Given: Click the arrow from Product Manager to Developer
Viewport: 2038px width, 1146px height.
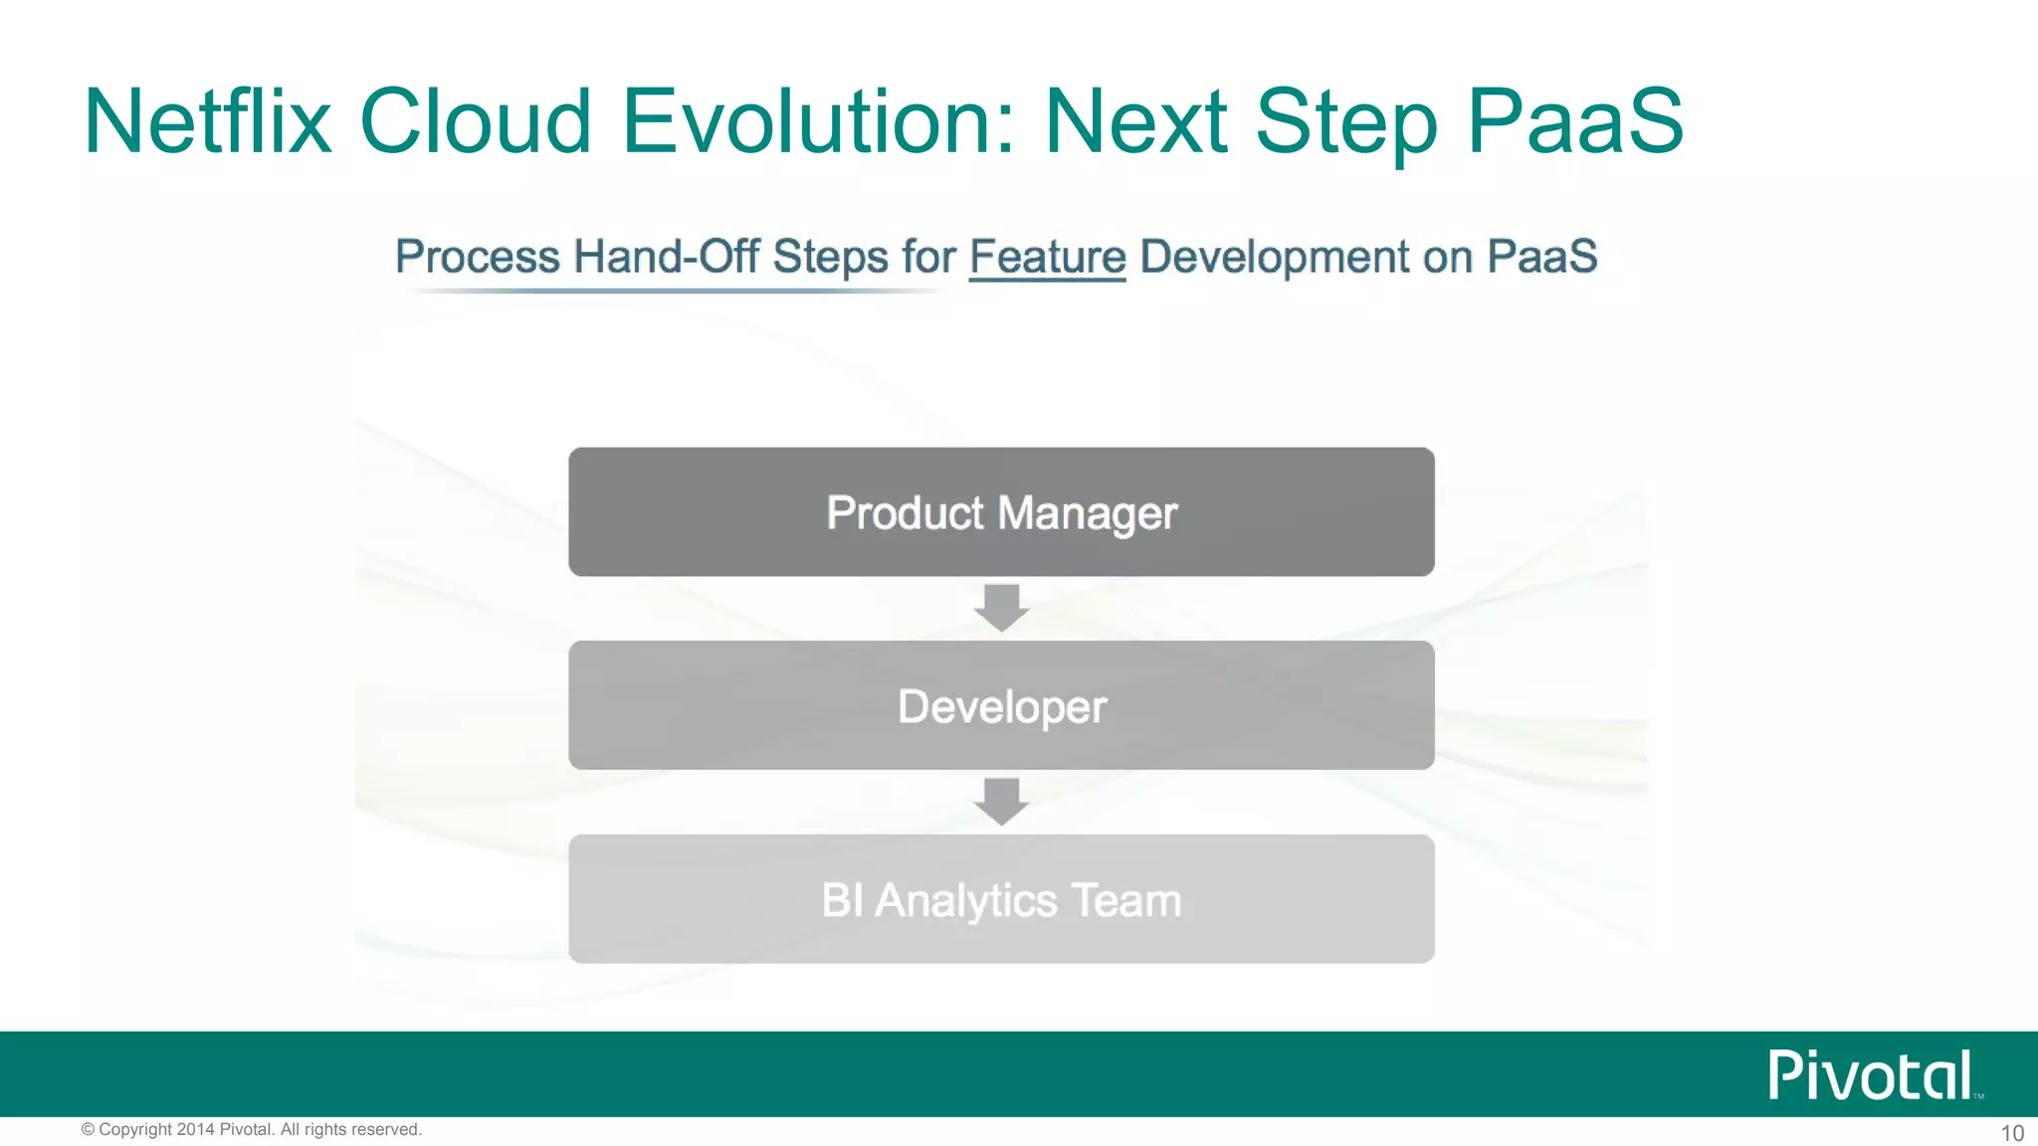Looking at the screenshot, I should [x=1001, y=607].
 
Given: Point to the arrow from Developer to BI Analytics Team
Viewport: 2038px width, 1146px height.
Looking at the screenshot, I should [x=1001, y=801].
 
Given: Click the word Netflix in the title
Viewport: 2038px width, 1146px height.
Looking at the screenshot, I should [x=207, y=121].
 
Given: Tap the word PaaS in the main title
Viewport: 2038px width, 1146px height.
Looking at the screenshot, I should [x=1574, y=121].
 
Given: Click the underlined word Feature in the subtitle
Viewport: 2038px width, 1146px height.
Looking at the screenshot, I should [x=1047, y=257].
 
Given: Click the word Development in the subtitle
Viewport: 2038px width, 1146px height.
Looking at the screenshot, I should [x=1275, y=257].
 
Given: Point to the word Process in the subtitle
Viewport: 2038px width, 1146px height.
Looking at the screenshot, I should [x=478, y=257].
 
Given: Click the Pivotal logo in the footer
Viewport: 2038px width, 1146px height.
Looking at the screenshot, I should [x=1871, y=1075].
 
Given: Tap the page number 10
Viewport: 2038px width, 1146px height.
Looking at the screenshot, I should [x=2011, y=1133].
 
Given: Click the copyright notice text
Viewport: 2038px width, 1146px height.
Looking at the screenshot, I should [x=251, y=1129].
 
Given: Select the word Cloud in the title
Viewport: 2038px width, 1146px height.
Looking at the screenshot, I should [x=476, y=121].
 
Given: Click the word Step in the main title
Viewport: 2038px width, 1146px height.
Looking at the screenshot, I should [x=1345, y=121].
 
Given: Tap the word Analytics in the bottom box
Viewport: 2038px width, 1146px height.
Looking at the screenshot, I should [x=965, y=901].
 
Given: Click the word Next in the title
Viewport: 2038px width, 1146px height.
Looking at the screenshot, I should [x=1135, y=121].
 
